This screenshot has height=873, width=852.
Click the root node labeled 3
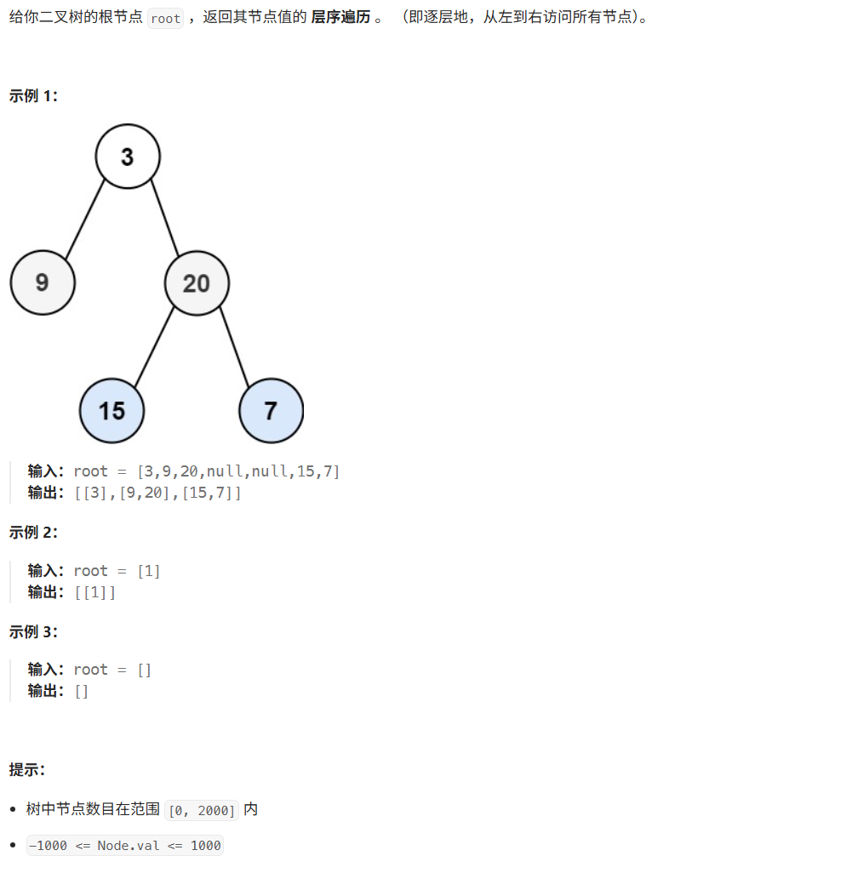(x=128, y=157)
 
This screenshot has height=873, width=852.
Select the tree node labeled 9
(x=43, y=282)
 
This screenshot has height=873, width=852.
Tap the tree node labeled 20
(x=197, y=283)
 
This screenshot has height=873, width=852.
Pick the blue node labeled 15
(x=112, y=411)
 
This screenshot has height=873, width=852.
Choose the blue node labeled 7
(x=271, y=411)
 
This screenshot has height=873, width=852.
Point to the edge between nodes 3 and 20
(x=165, y=219)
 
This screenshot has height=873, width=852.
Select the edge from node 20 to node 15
(x=154, y=347)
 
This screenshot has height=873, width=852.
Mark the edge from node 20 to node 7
(x=234, y=347)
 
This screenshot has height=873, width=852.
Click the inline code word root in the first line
(x=165, y=19)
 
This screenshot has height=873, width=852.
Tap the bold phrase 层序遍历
(x=340, y=18)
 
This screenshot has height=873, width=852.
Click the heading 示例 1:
(x=33, y=96)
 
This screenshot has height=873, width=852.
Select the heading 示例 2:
(x=33, y=533)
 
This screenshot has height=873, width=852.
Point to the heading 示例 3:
(x=33, y=631)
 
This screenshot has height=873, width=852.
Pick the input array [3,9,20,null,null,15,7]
(x=238, y=471)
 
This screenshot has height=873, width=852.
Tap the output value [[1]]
(x=95, y=592)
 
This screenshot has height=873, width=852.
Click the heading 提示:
(x=27, y=770)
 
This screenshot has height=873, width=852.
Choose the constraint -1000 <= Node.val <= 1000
(x=125, y=846)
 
